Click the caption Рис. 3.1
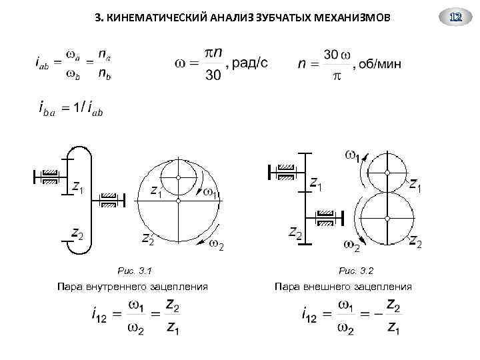pos(135,271)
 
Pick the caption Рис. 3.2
pos(356,271)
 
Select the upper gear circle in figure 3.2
pos(387,172)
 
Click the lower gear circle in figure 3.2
pos(387,216)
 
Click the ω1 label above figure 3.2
pos(353,156)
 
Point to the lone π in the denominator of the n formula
pos(336,77)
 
